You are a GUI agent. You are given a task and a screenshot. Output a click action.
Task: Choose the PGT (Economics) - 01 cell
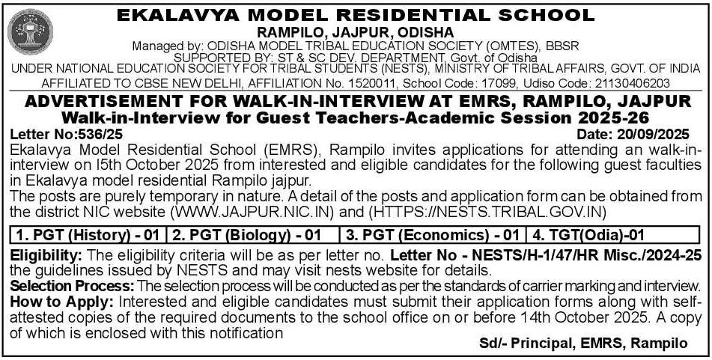pos(432,235)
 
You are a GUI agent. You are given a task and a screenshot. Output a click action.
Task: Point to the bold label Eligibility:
pos(48,255)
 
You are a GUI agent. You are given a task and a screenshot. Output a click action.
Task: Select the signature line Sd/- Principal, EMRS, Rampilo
pos(583,343)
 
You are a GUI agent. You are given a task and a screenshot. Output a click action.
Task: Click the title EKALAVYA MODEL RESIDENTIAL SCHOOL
pos(356,14)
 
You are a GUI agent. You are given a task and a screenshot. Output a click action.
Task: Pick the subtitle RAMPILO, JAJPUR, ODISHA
pos(356,32)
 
